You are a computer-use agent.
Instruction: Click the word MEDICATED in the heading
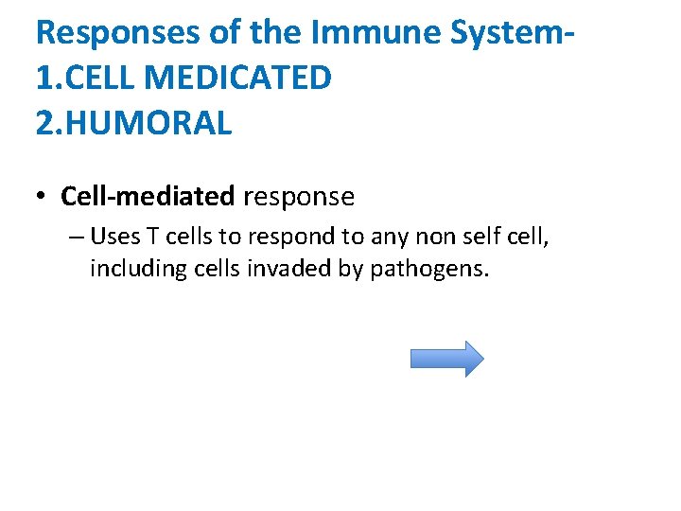(238, 77)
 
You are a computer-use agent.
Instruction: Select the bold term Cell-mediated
(148, 197)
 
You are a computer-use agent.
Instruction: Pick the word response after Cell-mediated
(299, 197)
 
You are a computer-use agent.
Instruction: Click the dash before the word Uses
(76, 237)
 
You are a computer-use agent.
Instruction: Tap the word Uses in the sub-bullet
(113, 236)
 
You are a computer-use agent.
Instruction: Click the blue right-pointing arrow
(446, 359)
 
